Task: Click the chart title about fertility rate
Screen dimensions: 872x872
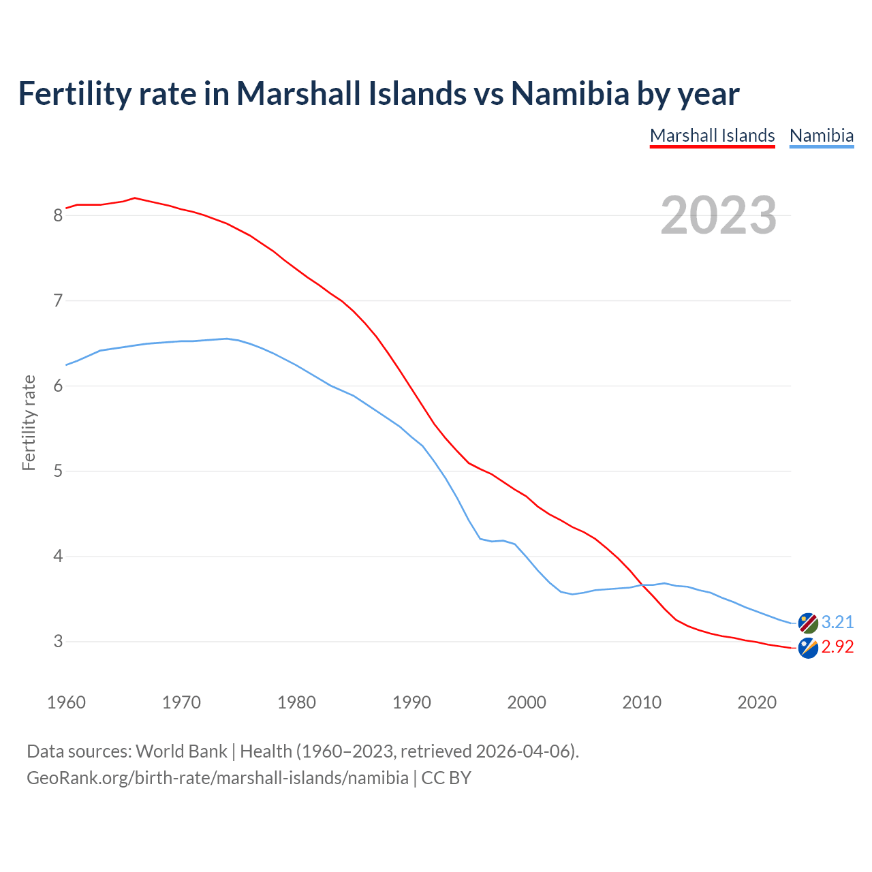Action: (x=378, y=93)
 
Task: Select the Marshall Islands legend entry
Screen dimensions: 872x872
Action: (x=712, y=136)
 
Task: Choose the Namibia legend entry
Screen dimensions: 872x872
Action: (x=821, y=136)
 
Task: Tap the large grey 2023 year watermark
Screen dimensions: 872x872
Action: (x=718, y=215)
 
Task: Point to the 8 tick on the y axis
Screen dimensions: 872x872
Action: (x=58, y=216)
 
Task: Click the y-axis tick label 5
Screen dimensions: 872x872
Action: (x=58, y=471)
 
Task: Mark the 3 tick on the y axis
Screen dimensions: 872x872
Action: (x=58, y=642)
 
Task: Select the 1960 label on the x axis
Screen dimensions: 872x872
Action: (x=66, y=702)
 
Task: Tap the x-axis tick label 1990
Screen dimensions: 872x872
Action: (x=411, y=702)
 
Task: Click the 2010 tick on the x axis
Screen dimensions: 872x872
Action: (x=642, y=702)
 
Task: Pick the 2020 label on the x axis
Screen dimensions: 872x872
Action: (x=757, y=702)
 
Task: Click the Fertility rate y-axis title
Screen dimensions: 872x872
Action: (x=29, y=422)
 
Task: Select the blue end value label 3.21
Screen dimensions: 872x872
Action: (x=837, y=622)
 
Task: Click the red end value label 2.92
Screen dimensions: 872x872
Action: (x=837, y=647)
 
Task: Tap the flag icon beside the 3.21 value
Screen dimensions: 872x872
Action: (x=808, y=623)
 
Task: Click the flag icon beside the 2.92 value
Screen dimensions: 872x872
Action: (x=808, y=649)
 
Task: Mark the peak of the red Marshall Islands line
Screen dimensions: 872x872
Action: (x=135, y=198)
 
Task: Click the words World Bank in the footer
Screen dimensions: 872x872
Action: (x=181, y=751)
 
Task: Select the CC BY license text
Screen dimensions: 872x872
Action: (x=446, y=778)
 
